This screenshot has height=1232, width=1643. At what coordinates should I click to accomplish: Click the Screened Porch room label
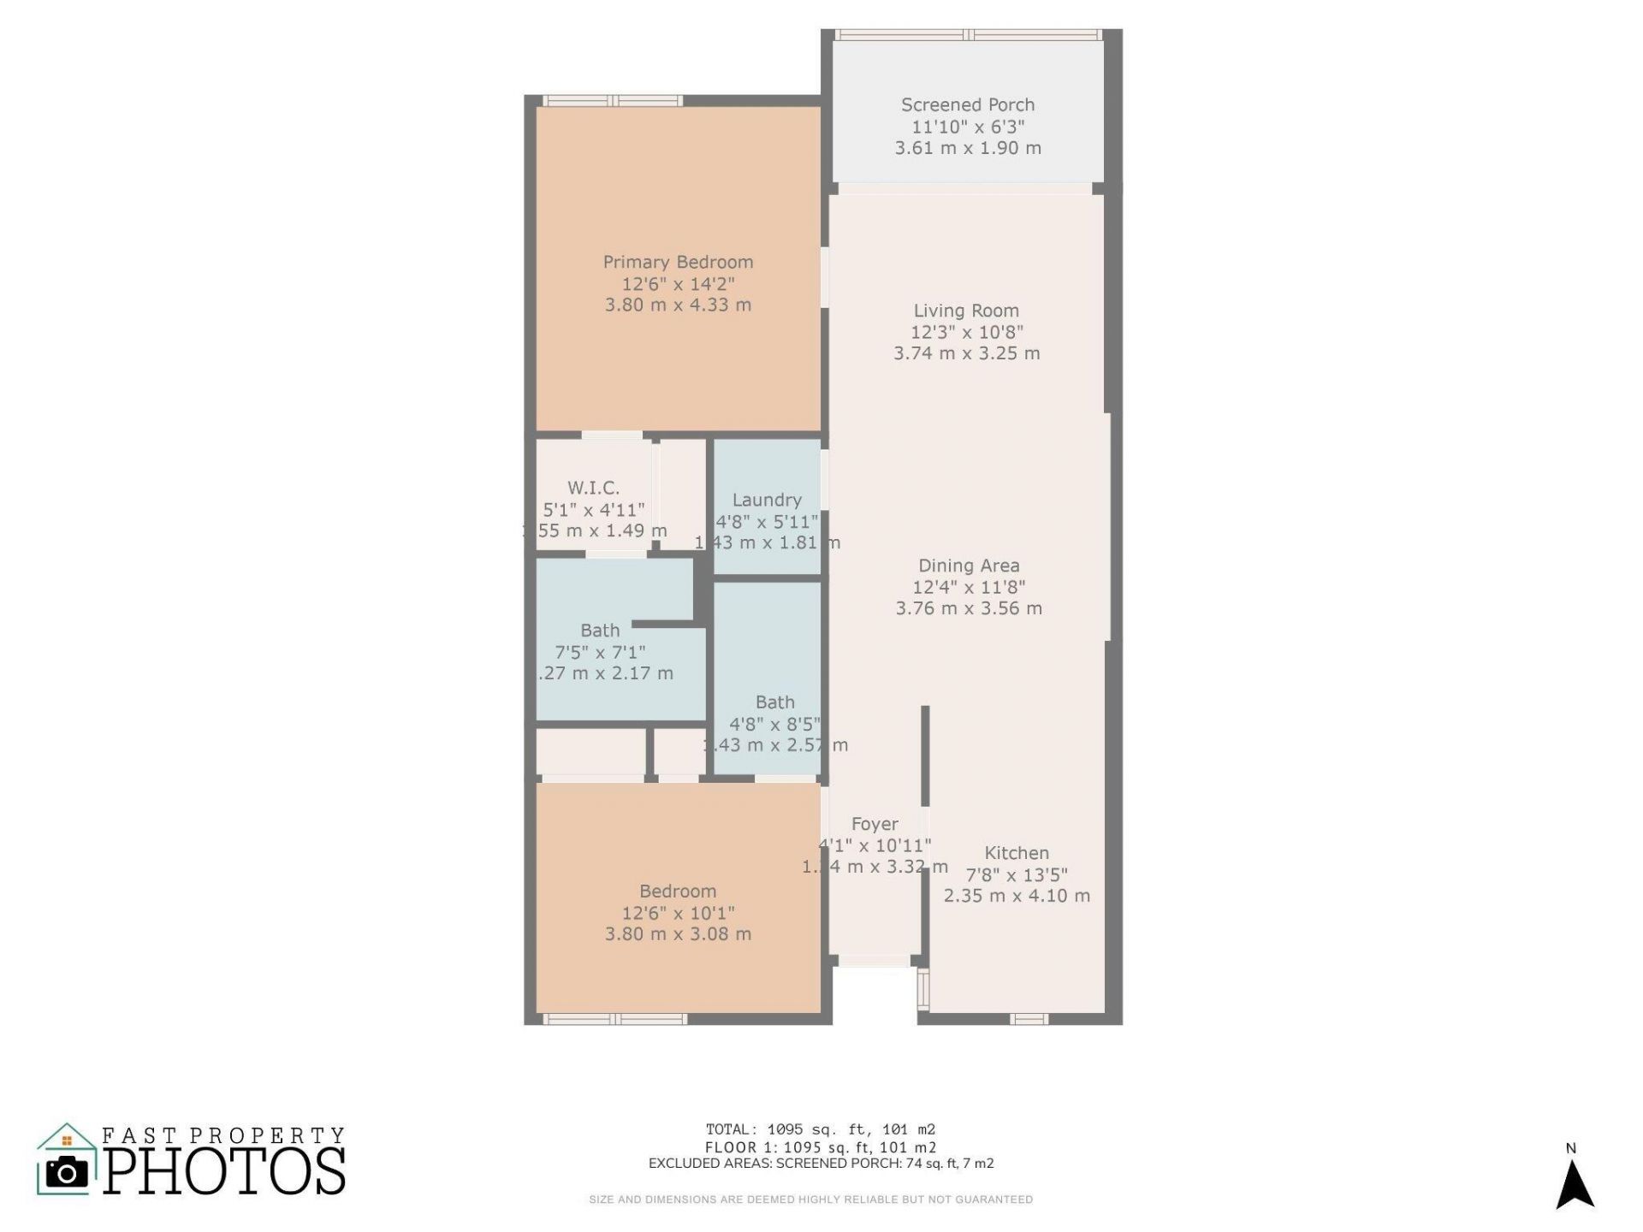tap(967, 105)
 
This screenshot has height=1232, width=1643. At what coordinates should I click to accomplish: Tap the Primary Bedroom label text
tap(678, 263)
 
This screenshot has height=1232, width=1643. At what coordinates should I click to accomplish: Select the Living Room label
tap(966, 311)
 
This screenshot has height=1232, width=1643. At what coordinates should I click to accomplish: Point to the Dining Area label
tap(969, 566)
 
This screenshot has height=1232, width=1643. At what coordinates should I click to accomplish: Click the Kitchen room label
tap(1017, 853)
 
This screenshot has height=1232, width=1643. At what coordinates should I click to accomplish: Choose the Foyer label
tap(875, 824)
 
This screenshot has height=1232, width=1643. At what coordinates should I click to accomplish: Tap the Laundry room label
tap(767, 500)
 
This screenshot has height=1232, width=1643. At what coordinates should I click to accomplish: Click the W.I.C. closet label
tap(593, 489)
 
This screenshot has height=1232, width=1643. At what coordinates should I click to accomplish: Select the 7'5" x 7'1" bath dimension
tap(600, 652)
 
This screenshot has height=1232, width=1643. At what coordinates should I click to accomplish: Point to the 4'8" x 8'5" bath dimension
tap(774, 724)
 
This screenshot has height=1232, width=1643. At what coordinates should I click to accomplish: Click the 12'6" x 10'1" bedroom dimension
tap(678, 913)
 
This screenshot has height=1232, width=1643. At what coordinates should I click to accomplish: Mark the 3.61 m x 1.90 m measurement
tap(968, 148)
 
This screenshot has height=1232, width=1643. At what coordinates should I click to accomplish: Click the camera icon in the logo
tap(67, 1173)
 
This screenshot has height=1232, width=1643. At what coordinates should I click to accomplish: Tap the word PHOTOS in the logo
tap(225, 1171)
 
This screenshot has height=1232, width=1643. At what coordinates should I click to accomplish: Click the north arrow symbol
tap(1574, 1186)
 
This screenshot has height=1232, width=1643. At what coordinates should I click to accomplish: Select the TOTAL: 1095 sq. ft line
tap(821, 1129)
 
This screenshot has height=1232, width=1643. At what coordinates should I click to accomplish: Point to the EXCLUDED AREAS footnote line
tap(821, 1164)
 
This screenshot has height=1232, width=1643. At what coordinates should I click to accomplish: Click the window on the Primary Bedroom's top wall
tap(613, 101)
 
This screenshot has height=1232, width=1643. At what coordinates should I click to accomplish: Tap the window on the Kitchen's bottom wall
tap(1029, 1019)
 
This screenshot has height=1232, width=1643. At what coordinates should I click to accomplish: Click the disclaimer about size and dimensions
tap(810, 1199)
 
